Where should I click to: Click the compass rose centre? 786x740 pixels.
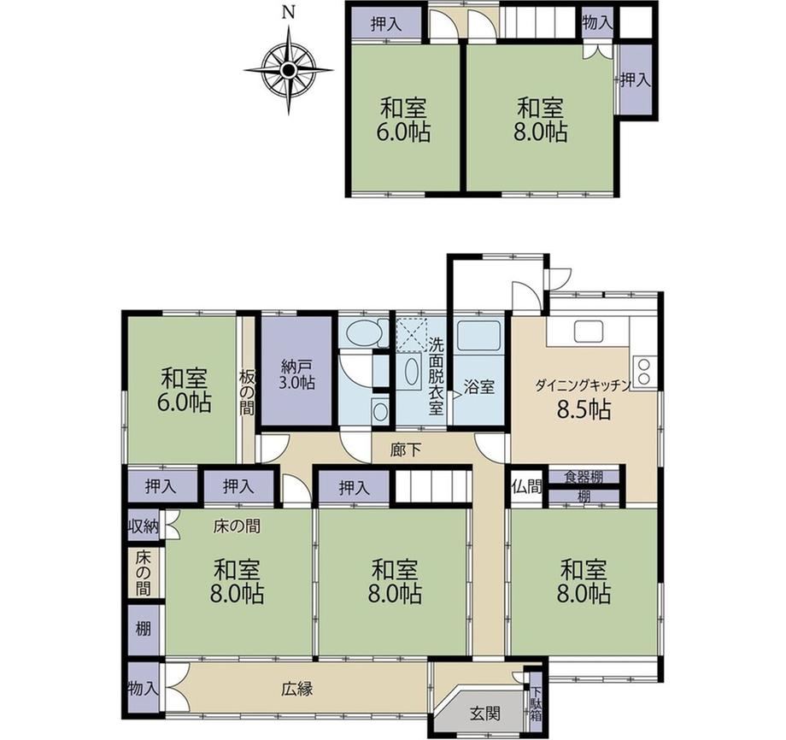pos(288,70)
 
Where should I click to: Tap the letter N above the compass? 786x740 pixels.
pos(288,13)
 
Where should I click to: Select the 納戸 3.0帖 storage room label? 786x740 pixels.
pos(296,373)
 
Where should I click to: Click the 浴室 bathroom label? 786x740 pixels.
pos(478,387)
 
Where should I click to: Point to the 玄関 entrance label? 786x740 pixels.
pos(484,713)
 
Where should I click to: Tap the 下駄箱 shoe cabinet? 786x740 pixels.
pos(536,704)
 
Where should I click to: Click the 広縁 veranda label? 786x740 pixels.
pos(296,690)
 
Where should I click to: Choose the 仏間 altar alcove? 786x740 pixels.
pos(526,487)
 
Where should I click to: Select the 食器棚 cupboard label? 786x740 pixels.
pos(584,476)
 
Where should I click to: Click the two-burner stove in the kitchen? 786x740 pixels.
pos(642,371)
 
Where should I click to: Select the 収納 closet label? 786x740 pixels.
pos(143,526)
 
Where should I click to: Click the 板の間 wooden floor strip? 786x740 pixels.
pos(246,389)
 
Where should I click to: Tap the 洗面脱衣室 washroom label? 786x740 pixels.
pos(436,376)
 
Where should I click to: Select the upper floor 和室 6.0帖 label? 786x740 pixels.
pos(403,120)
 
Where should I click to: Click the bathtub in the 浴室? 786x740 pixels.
pos(479,336)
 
